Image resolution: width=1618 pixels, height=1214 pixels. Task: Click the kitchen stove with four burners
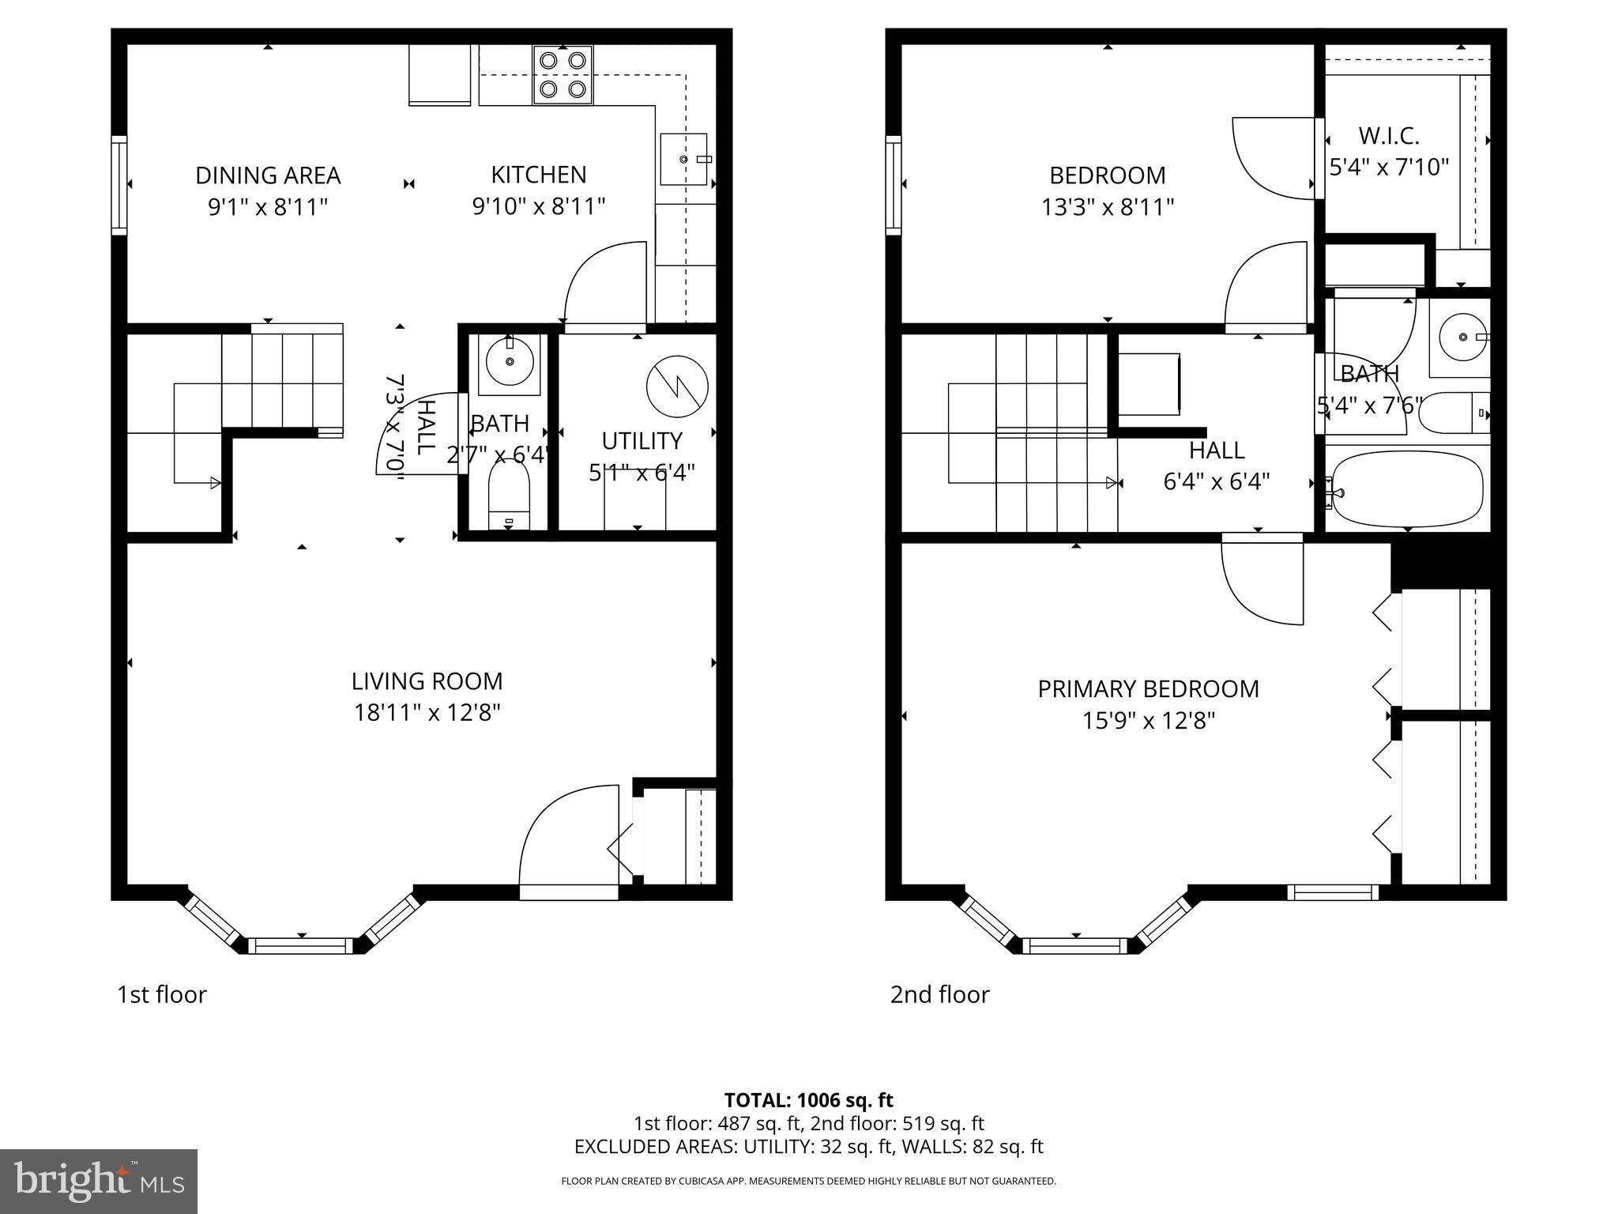coord(563,74)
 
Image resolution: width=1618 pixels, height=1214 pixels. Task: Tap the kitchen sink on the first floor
coord(683,159)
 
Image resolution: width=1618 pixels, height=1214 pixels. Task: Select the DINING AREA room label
coord(268,175)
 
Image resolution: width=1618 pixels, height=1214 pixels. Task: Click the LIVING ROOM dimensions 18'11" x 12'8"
coord(427,713)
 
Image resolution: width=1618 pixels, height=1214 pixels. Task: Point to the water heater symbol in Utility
coord(677,387)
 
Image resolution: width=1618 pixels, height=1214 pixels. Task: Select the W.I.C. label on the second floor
coord(1389,136)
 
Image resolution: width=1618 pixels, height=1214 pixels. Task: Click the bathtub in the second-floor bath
coord(1407,488)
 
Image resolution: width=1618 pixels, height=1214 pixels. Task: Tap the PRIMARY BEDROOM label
coord(1148,689)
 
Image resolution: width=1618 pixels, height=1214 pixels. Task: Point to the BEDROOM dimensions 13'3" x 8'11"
coord(1107,207)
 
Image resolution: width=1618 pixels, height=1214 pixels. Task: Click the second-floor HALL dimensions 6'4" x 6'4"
coord(1216,481)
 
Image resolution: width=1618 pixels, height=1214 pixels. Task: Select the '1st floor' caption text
coord(162,994)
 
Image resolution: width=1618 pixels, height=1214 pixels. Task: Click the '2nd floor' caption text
coord(939,994)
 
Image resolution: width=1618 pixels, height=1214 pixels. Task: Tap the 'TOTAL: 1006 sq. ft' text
coord(808,1100)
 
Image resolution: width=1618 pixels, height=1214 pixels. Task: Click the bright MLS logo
coord(99,1181)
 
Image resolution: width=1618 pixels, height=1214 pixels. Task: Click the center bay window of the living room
coord(301,945)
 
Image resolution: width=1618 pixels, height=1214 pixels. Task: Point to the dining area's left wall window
coord(119,185)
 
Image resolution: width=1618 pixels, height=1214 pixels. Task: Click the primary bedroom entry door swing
coord(1262,581)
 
